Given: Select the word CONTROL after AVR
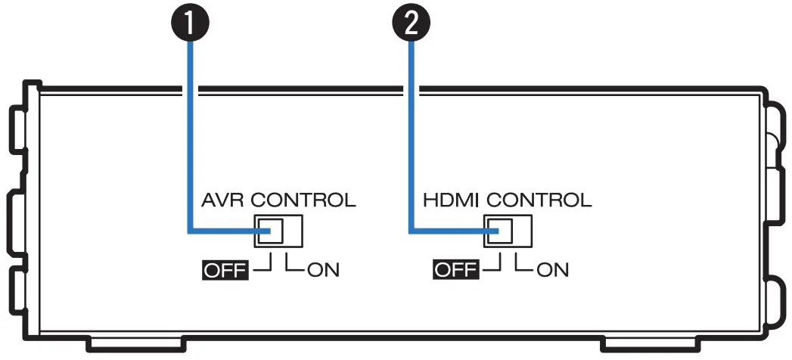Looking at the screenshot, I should (x=303, y=200).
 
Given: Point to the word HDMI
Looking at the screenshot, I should (x=452, y=200).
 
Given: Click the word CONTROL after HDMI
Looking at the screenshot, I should (x=539, y=200).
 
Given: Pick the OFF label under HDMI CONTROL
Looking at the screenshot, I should (x=455, y=269).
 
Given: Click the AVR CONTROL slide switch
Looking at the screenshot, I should (x=278, y=231).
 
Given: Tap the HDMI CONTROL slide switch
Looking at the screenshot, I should (x=508, y=231).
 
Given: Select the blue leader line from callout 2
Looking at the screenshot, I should (x=412, y=136).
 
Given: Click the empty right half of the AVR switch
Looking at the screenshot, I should (x=292, y=231).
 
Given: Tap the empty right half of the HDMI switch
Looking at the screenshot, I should (x=522, y=231).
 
